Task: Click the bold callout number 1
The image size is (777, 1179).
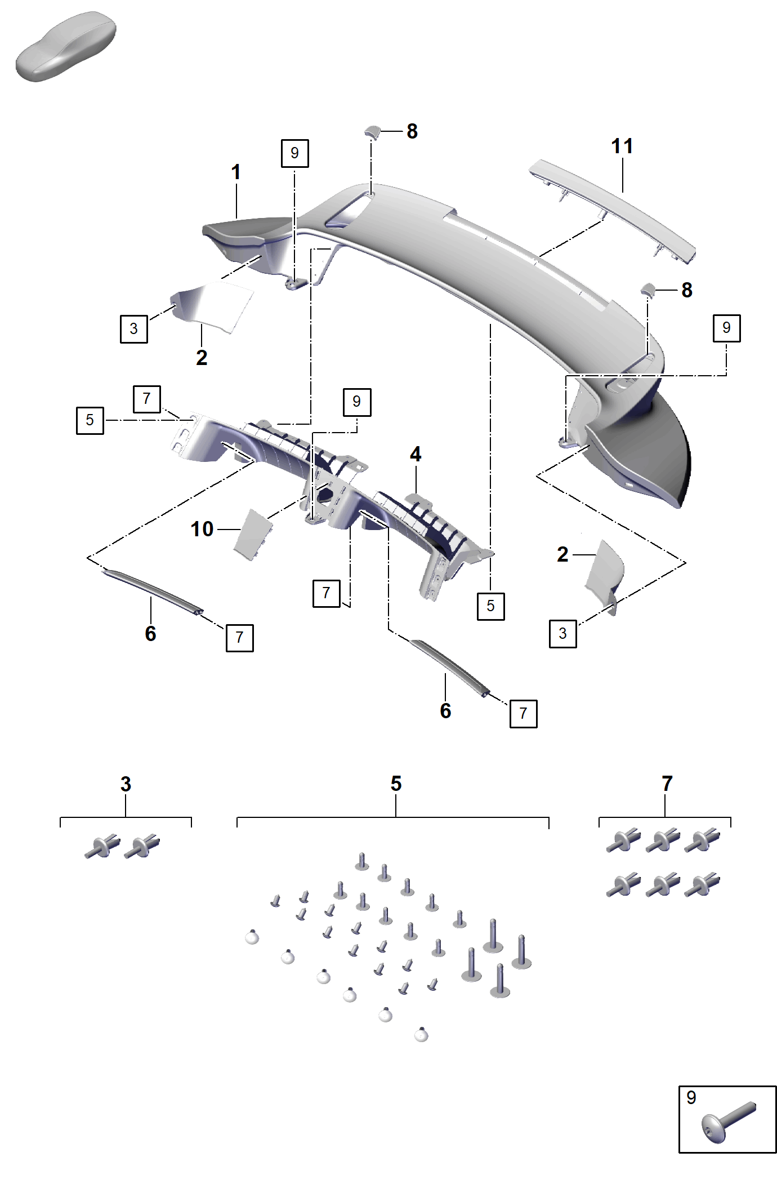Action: click(x=236, y=172)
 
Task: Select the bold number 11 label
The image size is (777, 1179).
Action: click(x=622, y=146)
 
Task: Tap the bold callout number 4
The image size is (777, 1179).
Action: click(x=416, y=454)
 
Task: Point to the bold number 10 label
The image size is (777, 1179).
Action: click(x=202, y=529)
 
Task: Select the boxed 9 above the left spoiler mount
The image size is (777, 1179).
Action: click(x=294, y=153)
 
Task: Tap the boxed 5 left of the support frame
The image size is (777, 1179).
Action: click(x=90, y=420)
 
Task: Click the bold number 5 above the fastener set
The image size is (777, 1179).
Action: click(x=396, y=784)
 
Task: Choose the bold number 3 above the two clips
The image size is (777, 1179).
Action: click(x=126, y=784)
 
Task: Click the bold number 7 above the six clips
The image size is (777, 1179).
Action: click(x=667, y=784)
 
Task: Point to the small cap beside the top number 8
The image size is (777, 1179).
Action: click(x=372, y=132)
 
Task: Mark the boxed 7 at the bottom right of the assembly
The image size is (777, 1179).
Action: click(x=524, y=714)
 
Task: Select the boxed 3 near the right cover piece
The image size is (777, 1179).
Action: click(x=563, y=634)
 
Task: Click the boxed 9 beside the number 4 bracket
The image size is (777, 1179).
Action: click(x=357, y=402)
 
